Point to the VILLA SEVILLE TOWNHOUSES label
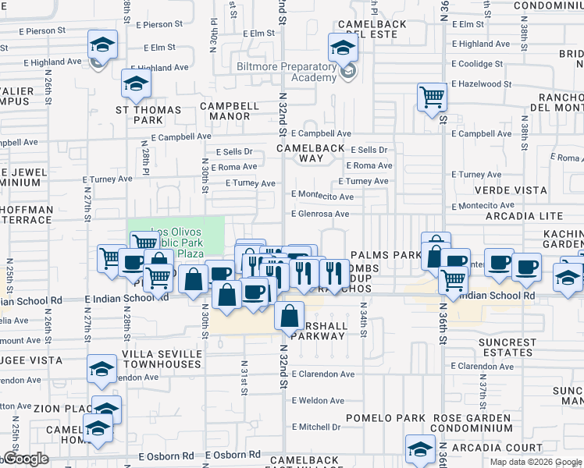click(162, 359)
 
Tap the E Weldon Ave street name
click(318, 401)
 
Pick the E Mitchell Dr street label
click(316, 427)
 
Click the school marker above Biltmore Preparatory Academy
click(342, 48)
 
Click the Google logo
click(25, 459)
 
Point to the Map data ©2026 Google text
click(536, 462)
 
